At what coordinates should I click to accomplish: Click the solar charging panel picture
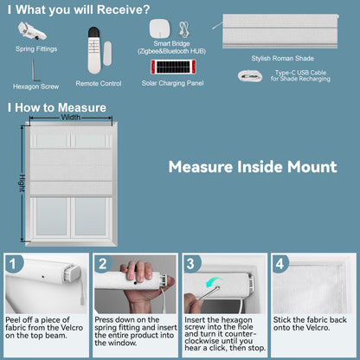pyautogui.click(x=173, y=67)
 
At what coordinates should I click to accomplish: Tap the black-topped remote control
pyautogui.click(x=94, y=50)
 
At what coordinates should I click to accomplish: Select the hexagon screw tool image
pyautogui.click(x=35, y=71)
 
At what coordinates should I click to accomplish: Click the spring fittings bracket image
pyautogui.click(x=32, y=31)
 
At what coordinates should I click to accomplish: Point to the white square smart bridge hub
pyautogui.click(x=159, y=29)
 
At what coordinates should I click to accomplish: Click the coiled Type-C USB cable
pyautogui.click(x=250, y=76)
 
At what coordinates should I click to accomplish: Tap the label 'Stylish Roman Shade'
pyautogui.click(x=282, y=59)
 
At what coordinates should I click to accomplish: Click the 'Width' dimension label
pyautogui.click(x=71, y=117)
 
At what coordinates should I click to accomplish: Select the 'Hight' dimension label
pyautogui.click(x=22, y=183)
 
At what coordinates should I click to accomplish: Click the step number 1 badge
pyautogui.click(x=12, y=264)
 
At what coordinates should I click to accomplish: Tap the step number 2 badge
pyautogui.click(x=103, y=264)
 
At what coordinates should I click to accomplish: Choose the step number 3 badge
pyautogui.click(x=190, y=264)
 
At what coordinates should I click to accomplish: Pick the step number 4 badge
pyautogui.click(x=280, y=264)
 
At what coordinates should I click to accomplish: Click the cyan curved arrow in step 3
pyautogui.click(x=214, y=282)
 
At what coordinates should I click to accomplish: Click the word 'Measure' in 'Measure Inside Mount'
pyautogui.click(x=201, y=167)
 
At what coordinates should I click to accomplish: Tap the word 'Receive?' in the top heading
pyautogui.click(x=124, y=10)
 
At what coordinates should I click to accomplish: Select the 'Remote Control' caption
pyautogui.click(x=99, y=84)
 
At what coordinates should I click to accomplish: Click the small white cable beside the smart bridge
pyautogui.click(x=183, y=29)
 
